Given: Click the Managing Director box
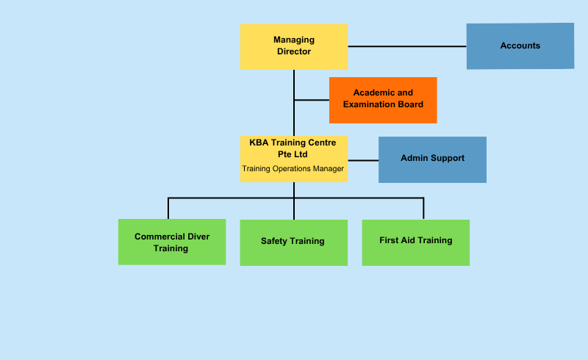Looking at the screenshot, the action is click(x=293, y=46).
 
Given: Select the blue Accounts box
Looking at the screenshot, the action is click(x=520, y=46).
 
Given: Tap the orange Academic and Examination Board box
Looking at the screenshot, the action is click(x=383, y=100).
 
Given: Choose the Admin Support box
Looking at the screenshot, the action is click(x=432, y=159).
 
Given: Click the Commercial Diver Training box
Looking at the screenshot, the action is click(x=172, y=242).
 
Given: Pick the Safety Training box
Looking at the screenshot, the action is click(x=293, y=242).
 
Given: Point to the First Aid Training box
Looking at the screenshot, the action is click(x=415, y=242).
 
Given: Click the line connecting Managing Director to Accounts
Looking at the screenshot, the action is click(x=407, y=46).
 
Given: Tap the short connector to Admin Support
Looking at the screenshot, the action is click(x=363, y=160).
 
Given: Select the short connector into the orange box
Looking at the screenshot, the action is click(x=312, y=100).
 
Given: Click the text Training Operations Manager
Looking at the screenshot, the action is click(x=293, y=169).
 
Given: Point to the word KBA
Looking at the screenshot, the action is click(x=259, y=143).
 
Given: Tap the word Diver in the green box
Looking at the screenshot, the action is click(x=198, y=237).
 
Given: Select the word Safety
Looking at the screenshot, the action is click(x=273, y=241).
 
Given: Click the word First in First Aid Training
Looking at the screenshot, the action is click(x=387, y=240).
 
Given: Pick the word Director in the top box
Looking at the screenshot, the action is click(x=293, y=51).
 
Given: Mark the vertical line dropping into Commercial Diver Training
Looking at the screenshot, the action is click(x=168, y=209).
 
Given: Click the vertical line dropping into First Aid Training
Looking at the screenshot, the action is click(x=424, y=209).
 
